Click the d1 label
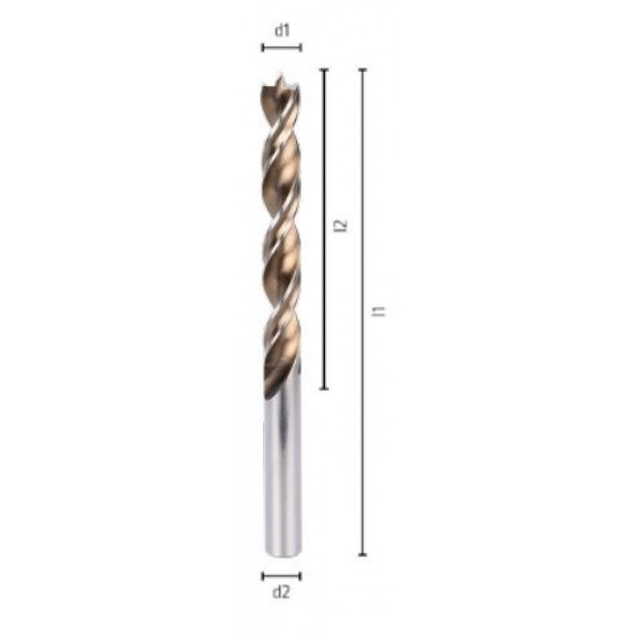[x=282, y=31]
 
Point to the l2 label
[x=342, y=226]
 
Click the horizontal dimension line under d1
[x=282, y=48]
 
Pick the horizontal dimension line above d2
[x=282, y=575]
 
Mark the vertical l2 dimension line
[x=323, y=160]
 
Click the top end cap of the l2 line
[x=323, y=70]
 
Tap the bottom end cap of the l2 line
[x=323, y=388]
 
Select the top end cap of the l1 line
[x=363, y=70]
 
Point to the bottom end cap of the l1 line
[x=363, y=554]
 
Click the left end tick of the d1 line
[x=263, y=48]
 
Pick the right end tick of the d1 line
[x=301, y=48]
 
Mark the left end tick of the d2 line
[x=263, y=575]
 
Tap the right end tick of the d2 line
[x=301, y=575]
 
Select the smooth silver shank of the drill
[x=282, y=471]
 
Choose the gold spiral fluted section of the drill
[x=282, y=240]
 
